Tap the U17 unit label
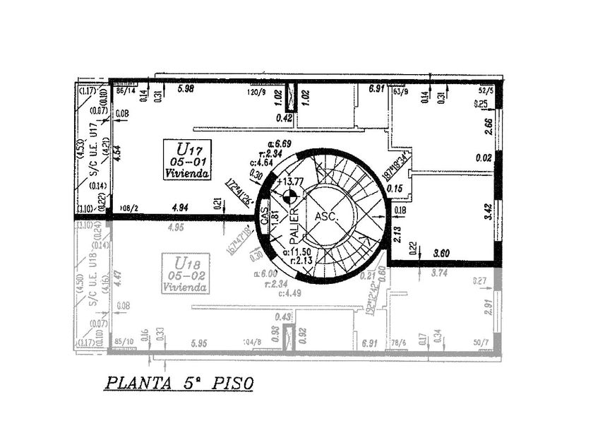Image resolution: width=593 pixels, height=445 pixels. pos(189,149)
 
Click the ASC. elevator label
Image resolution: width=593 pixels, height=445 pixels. pos(327,216)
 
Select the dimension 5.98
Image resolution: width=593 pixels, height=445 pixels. pos(186,88)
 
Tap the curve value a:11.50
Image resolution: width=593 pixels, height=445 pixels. pos(296,252)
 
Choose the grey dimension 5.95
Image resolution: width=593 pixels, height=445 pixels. pos(200,344)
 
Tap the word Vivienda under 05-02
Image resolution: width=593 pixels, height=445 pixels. pos(185,287)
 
